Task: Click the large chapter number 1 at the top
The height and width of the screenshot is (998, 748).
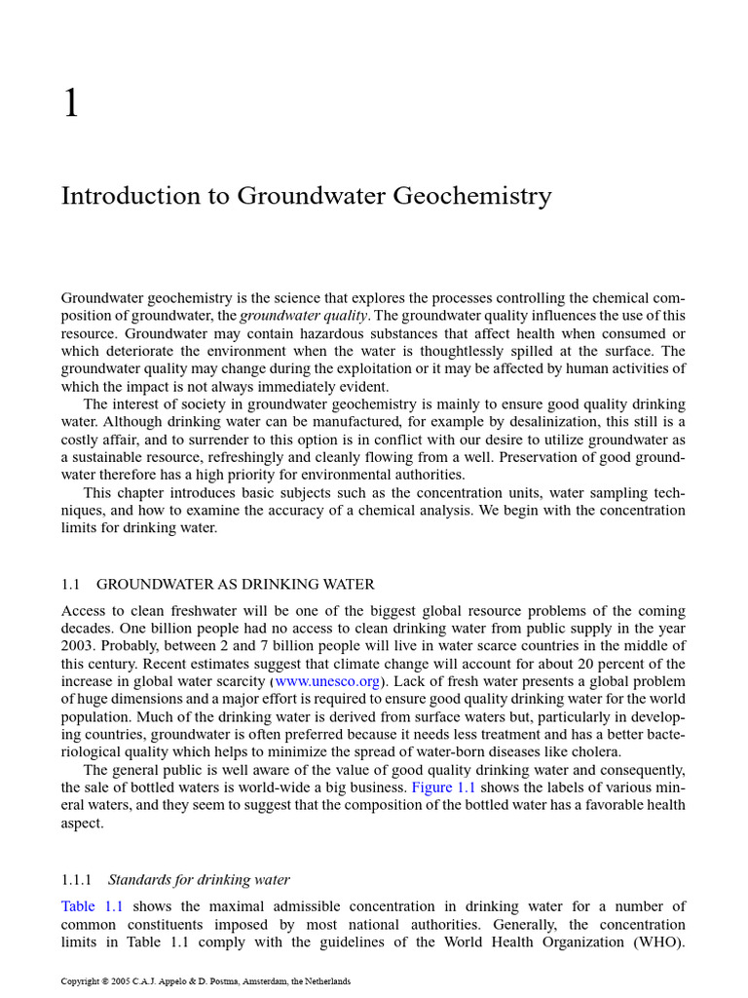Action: (x=70, y=102)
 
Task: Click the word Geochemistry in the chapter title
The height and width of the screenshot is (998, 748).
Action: (x=472, y=197)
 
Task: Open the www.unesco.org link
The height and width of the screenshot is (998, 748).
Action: (x=328, y=681)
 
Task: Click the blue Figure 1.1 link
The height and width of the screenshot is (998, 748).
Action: (x=443, y=787)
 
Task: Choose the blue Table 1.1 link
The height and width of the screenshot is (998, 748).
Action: (x=92, y=906)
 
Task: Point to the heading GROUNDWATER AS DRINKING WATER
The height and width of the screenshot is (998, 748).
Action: (x=236, y=585)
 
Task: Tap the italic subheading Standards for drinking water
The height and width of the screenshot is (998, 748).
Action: (x=199, y=880)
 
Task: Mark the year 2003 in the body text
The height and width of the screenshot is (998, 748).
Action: (x=79, y=646)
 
